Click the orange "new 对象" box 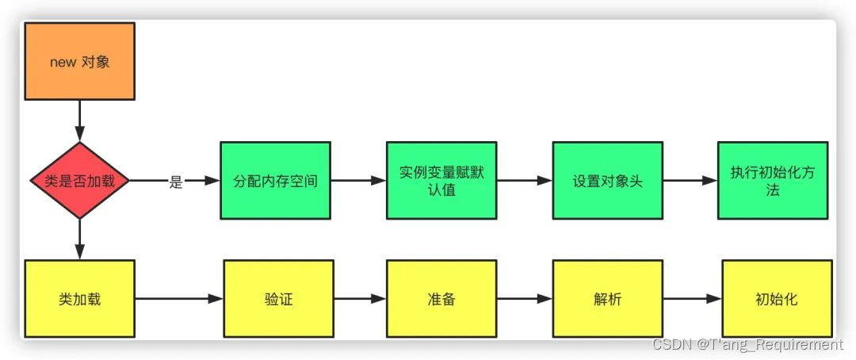(x=79, y=61)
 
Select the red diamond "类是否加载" (x=79, y=181)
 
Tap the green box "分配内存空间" (x=275, y=181)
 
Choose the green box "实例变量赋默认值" (x=441, y=181)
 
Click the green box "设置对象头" (x=607, y=181)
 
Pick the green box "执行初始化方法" (x=773, y=181)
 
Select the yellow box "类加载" (x=79, y=299)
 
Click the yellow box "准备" (x=441, y=299)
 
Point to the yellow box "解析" (x=607, y=299)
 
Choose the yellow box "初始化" (x=777, y=299)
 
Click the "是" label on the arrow (x=176, y=182)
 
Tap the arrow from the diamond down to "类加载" (x=79, y=239)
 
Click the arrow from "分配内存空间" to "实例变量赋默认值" (x=358, y=181)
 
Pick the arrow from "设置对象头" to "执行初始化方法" (x=690, y=181)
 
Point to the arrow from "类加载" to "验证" (x=179, y=299)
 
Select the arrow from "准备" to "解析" (x=524, y=299)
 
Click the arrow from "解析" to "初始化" (x=692, y=299)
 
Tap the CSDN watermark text (x=747, y=345)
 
